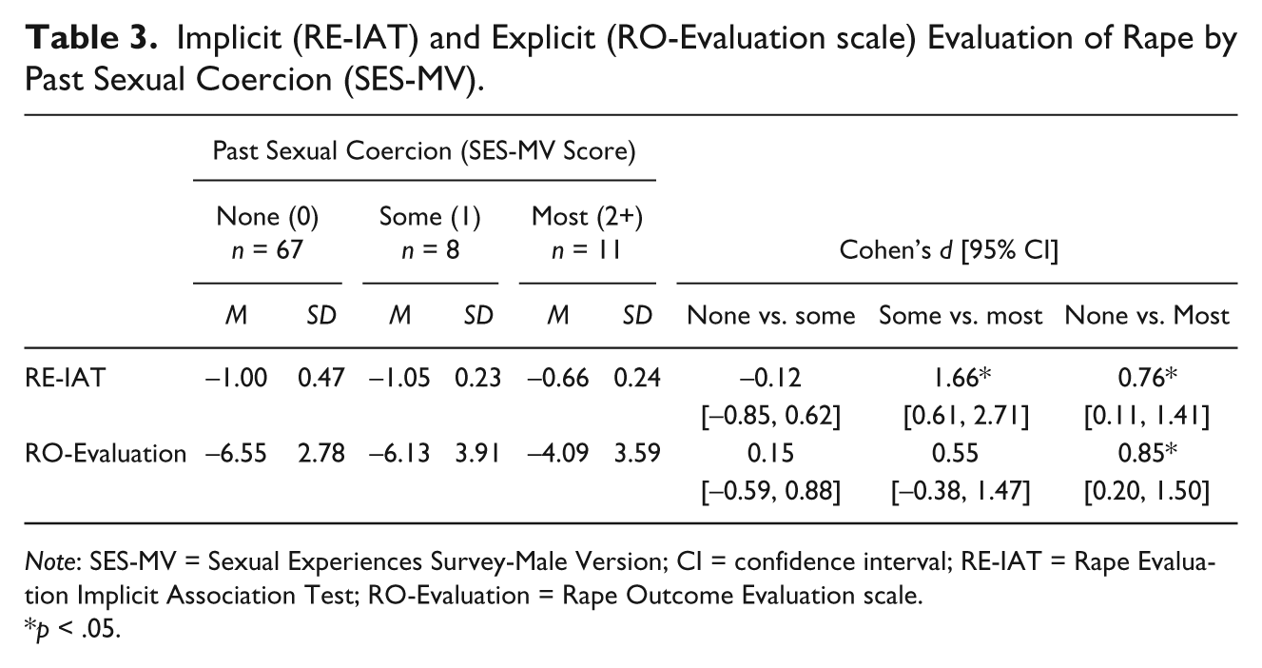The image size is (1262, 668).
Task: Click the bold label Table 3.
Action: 90,38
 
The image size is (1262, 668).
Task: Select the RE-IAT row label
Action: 66,378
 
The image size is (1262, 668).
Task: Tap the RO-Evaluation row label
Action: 106,453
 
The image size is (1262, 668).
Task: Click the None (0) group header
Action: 267,217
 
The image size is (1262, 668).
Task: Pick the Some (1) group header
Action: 430,217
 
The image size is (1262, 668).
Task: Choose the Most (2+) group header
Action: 587,217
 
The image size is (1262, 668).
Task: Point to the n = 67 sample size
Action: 267,249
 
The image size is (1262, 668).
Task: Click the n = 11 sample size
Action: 587,249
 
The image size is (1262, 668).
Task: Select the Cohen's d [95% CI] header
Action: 949,250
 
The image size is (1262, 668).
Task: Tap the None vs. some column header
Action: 770,316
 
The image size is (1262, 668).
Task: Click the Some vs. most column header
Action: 961,316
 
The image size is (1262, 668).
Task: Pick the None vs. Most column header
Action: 1147,316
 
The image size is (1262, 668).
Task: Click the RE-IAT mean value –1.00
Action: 236,378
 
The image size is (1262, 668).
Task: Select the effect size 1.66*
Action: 961,378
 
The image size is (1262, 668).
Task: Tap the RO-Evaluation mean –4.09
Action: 557,453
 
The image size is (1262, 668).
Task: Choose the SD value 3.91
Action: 477,453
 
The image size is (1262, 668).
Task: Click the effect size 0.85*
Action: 1148,453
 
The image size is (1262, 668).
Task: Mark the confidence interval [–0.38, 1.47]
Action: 961,491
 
